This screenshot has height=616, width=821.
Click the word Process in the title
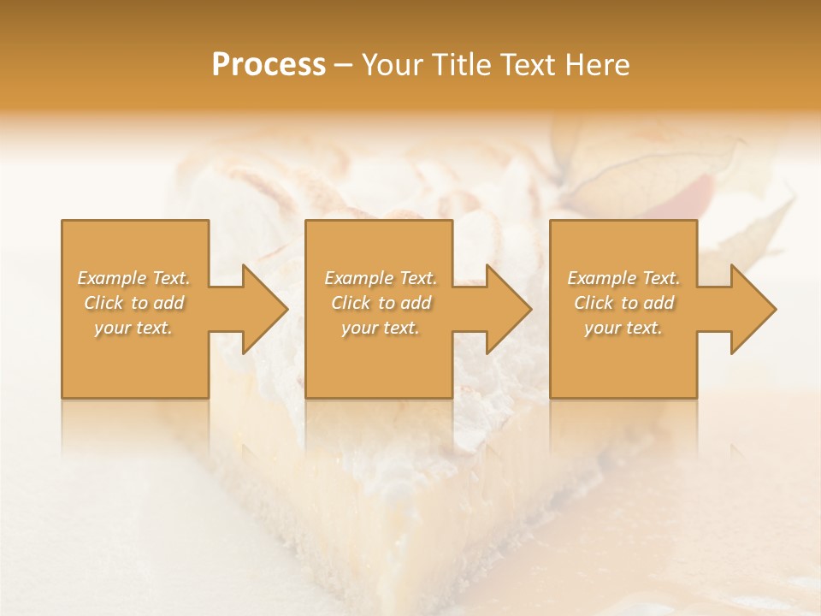tap(269, 65)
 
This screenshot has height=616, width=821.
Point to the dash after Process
tap(344, 66)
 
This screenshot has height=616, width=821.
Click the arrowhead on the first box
tap(264, 309)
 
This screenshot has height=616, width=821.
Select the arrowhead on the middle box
tap(508, 309)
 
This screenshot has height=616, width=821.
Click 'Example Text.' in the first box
tap(134, 278)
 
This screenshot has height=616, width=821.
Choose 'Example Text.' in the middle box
tap(381, 278)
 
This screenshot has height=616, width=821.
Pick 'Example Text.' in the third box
tap(623, 278)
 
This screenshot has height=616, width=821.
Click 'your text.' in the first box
tap(134, 328)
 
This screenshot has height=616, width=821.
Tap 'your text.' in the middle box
tap(381, 328)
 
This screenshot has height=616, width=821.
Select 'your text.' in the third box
tap(623, 328)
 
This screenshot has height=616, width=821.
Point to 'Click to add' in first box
tap(134, 303)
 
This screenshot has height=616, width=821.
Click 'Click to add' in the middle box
tap(381, 303)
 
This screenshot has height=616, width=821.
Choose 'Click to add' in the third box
tap(623, 303)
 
